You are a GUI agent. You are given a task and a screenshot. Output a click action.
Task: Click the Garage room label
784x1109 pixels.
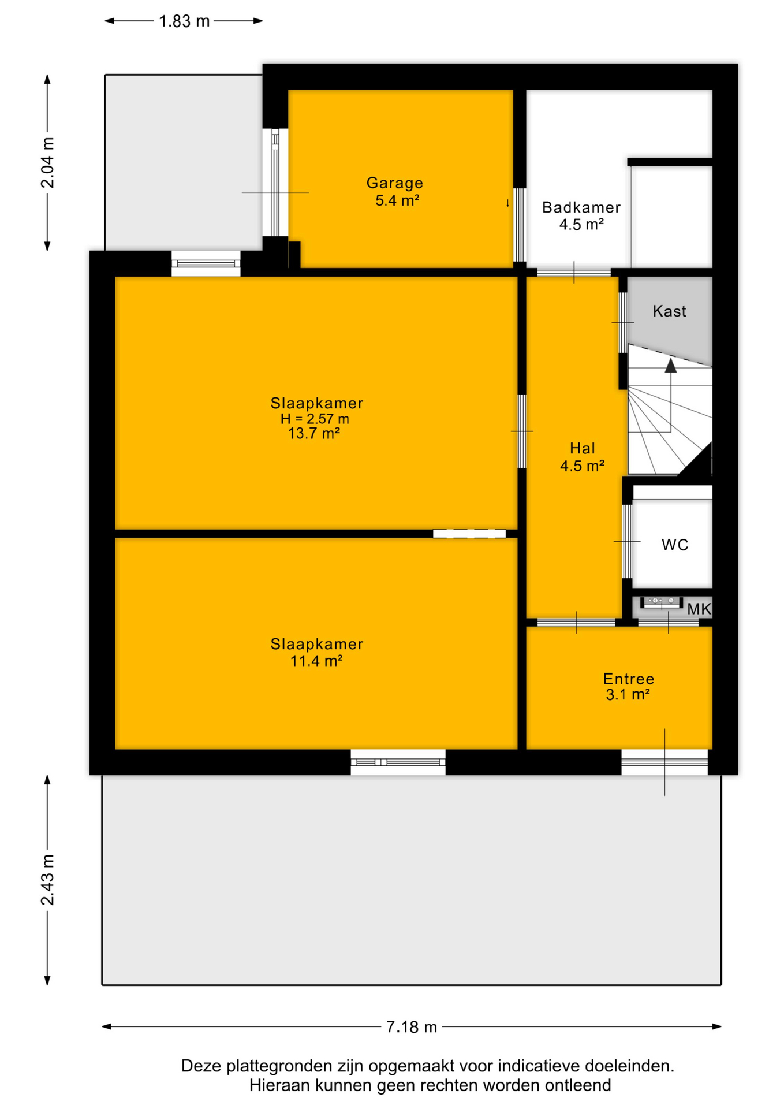(395, 183)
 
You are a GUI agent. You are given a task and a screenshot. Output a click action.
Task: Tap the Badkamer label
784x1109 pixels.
(581, 207)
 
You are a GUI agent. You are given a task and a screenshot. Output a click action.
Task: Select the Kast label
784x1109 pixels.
(670, 311)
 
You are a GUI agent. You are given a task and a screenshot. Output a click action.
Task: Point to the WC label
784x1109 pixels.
(675, 545)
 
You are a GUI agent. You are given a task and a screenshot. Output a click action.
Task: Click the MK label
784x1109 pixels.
(699, 609)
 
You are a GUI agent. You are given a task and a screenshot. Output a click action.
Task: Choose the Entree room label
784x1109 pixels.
(629, 679)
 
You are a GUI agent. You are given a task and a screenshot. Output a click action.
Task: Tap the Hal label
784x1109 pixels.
(583, 448)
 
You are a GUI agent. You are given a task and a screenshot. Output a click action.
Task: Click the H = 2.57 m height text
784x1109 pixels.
(315, 419)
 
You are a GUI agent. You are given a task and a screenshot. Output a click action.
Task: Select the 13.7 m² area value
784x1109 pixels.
(314, 433)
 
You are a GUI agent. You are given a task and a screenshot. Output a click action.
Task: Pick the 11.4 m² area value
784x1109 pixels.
(316, 661)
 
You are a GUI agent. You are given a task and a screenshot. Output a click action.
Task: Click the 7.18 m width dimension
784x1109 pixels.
(412, 1026)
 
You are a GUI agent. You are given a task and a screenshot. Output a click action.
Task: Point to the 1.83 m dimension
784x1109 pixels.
(184, 21)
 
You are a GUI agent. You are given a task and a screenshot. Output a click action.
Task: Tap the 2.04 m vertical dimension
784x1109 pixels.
(47, 163)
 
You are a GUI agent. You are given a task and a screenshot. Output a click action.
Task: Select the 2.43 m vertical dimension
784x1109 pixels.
(47, 880)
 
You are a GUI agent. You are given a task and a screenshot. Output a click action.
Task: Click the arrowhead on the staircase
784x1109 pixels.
(670, 366)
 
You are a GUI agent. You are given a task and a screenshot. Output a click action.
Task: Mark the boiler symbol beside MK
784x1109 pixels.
(662, 601)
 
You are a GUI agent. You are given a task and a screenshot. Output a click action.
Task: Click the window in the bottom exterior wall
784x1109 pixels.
(398, 762)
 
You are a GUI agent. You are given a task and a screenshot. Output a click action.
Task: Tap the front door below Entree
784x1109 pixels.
(664, 762)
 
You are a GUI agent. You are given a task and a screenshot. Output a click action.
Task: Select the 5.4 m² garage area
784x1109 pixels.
(397, 201)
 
